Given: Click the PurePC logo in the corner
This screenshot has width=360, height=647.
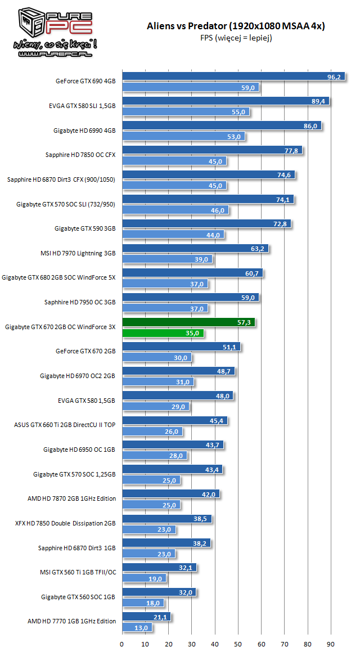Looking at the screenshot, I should [49, 31].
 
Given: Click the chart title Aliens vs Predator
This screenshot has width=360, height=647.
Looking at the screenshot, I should [236, 26].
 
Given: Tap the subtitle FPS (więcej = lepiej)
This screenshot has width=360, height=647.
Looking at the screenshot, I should [236, 38].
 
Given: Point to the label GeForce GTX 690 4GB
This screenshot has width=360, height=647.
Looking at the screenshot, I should [85, 81].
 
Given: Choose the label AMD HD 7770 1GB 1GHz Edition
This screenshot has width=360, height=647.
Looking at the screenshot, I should [71, 621].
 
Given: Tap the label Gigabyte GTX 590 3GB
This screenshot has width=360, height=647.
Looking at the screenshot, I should [85, 228].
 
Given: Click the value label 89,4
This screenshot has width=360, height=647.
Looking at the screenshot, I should [318, 101].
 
